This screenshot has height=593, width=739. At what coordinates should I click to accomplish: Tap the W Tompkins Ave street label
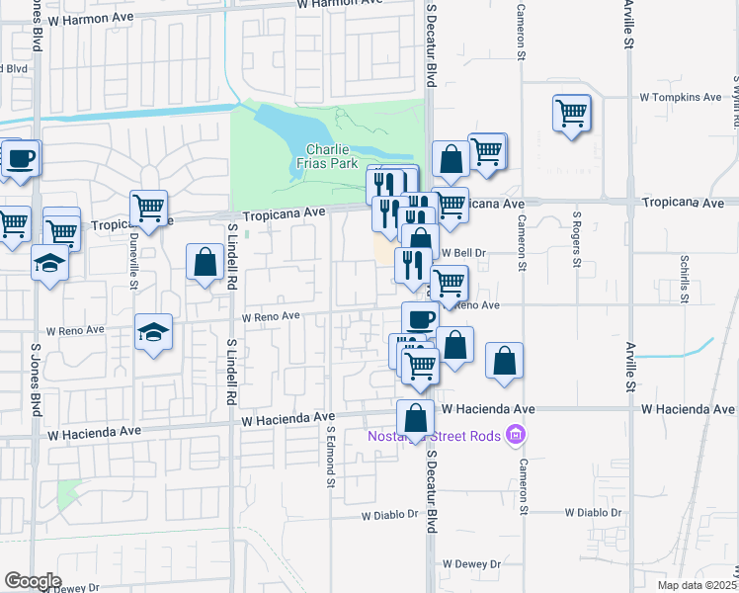coord(681,97)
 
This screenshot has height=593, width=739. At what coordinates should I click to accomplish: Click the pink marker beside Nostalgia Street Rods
coord(514,434)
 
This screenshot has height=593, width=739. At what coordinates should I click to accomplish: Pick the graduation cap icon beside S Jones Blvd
coord(48,263)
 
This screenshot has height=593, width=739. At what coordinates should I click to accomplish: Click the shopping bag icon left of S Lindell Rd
coord(205,262)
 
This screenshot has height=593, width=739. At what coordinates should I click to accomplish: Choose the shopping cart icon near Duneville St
coord(148,208)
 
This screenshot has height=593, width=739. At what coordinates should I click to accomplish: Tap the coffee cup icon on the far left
coord(21,157)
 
